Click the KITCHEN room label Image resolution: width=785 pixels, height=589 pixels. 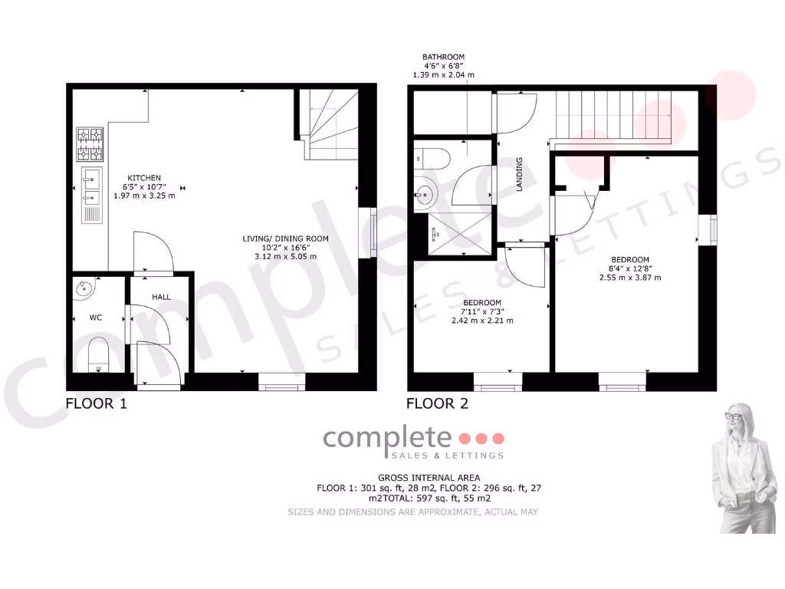[144, 178]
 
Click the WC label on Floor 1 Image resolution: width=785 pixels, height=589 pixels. [96, 317]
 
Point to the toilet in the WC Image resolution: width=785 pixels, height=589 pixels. [98, 357]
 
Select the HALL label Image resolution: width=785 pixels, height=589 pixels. [161, 297]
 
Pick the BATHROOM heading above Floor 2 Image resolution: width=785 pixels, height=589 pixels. [443, 57]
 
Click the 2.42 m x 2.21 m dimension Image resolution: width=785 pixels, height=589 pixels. [482, 321]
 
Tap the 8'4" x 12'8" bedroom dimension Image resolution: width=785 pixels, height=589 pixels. [630, 268]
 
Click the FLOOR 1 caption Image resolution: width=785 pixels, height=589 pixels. [96, 403]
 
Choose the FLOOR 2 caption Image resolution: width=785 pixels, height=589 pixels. [437, 403]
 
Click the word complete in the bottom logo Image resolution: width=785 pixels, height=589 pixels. [387, 438]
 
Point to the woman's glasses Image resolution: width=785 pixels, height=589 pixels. [734, 416]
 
